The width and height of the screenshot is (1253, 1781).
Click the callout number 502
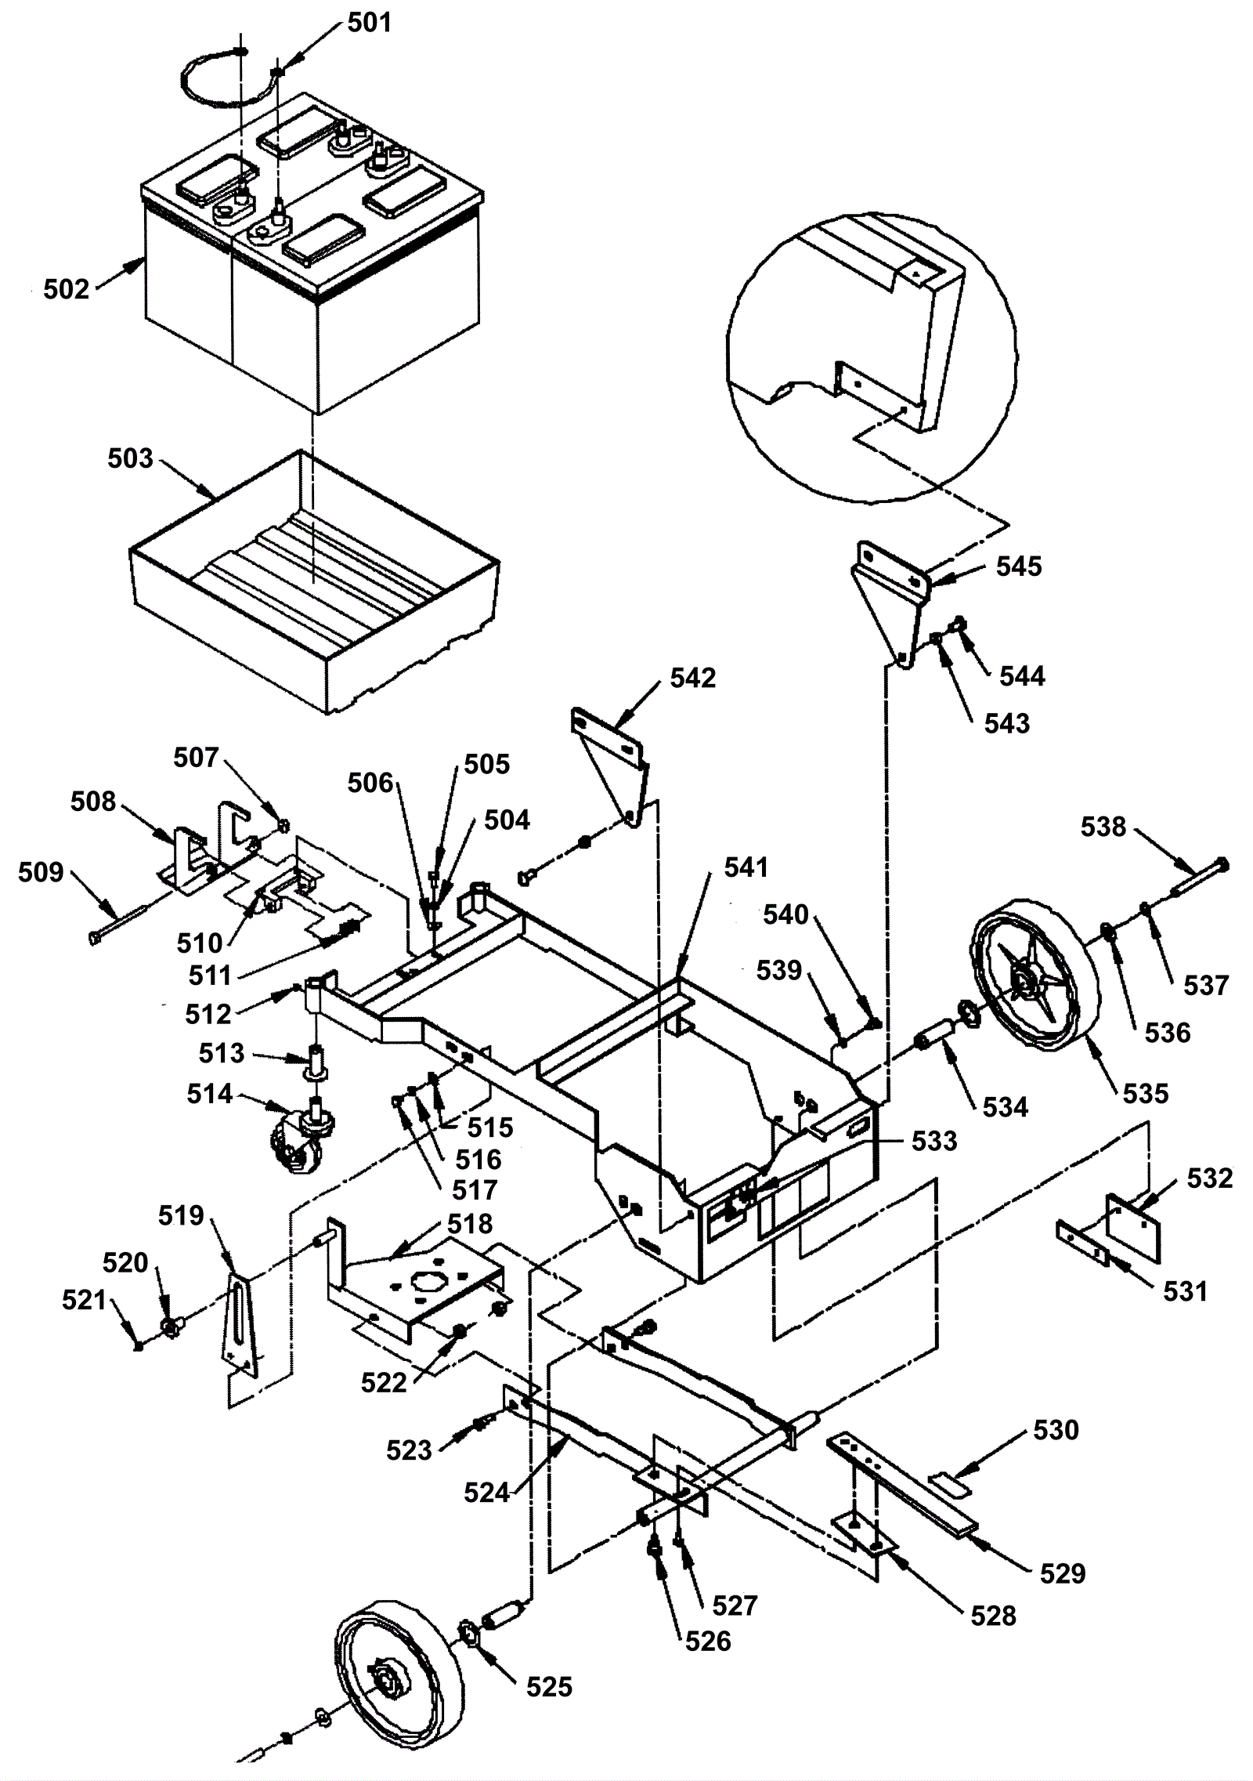pyautogui.click(x=67, y=290)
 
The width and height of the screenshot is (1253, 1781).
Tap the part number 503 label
pyautogui.click(x=131, y=458)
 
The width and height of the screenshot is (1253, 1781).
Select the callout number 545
pyautogui.click(x=1019, y=567)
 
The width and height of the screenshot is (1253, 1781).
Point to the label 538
pyautogui.click(x=1103, y=827)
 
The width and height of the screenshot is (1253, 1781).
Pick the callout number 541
pyautogui.click(x=746, y=867)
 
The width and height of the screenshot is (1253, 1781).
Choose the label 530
pyautogui.click(x=1056, y=1430)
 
